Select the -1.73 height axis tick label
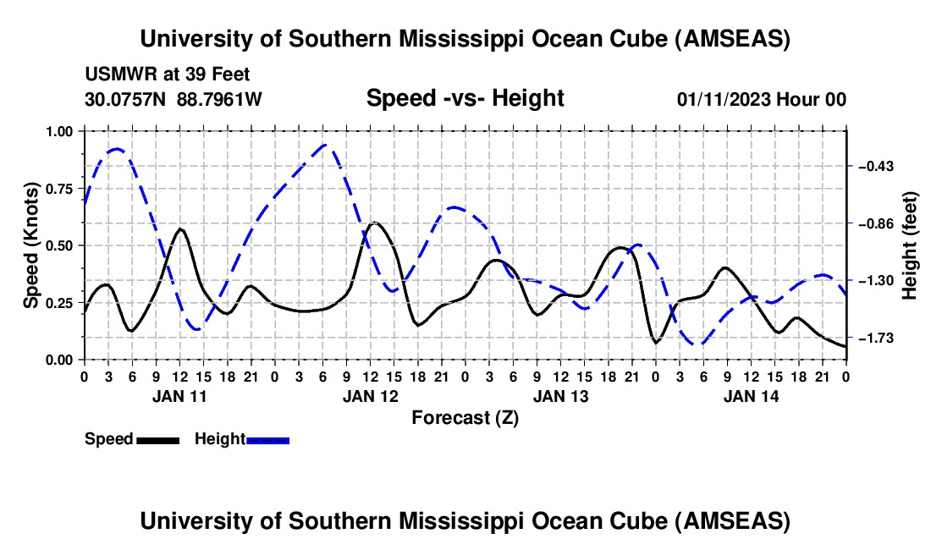876,338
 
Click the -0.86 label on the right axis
876,223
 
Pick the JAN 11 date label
179,395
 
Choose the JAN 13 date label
559,395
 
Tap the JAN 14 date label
750,395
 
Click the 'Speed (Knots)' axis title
32,245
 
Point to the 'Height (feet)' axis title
911,245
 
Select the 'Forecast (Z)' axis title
465,417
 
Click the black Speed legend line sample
157,440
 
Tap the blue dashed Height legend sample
267,440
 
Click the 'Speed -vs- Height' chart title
465,98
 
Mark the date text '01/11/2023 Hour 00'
761,99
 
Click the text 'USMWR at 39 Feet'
168,74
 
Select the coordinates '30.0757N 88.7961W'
174,99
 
